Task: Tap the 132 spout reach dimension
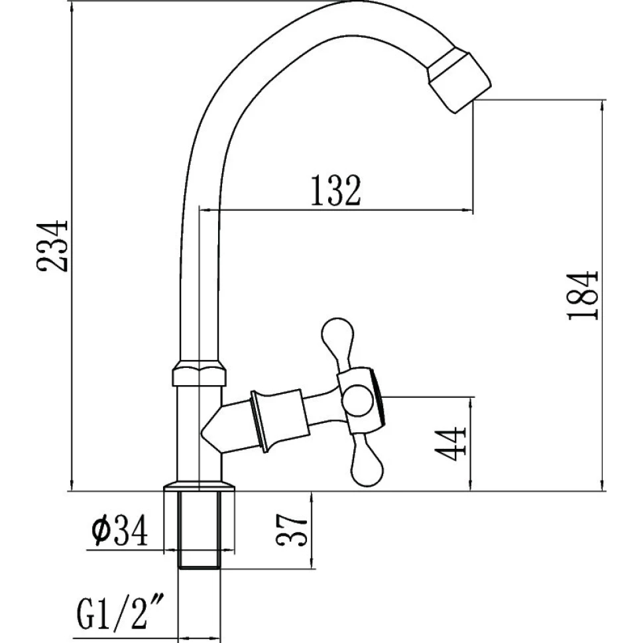click(335, 190)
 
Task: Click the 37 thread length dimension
click(292, 530)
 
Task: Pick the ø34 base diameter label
click(119, 531)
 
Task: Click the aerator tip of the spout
click(459, 81)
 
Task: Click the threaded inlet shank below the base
click(200, 530)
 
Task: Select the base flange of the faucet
click(200, 485)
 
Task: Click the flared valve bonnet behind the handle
click(279, 420)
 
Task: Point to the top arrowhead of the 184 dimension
click(602, 106)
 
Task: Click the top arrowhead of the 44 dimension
click(471, 404)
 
